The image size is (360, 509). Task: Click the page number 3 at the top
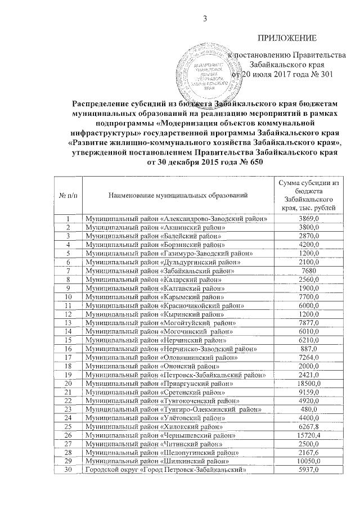pos(205,20)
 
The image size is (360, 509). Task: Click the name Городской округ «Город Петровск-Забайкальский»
pos(168,472)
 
